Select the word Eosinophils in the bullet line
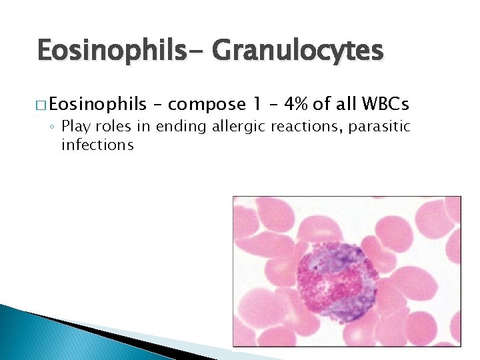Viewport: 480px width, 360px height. (x=97, y=104)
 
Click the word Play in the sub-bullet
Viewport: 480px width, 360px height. (x=75, y=127)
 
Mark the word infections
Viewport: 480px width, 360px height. (x=97, y=145)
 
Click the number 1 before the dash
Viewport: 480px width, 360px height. (x=257, y=104)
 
